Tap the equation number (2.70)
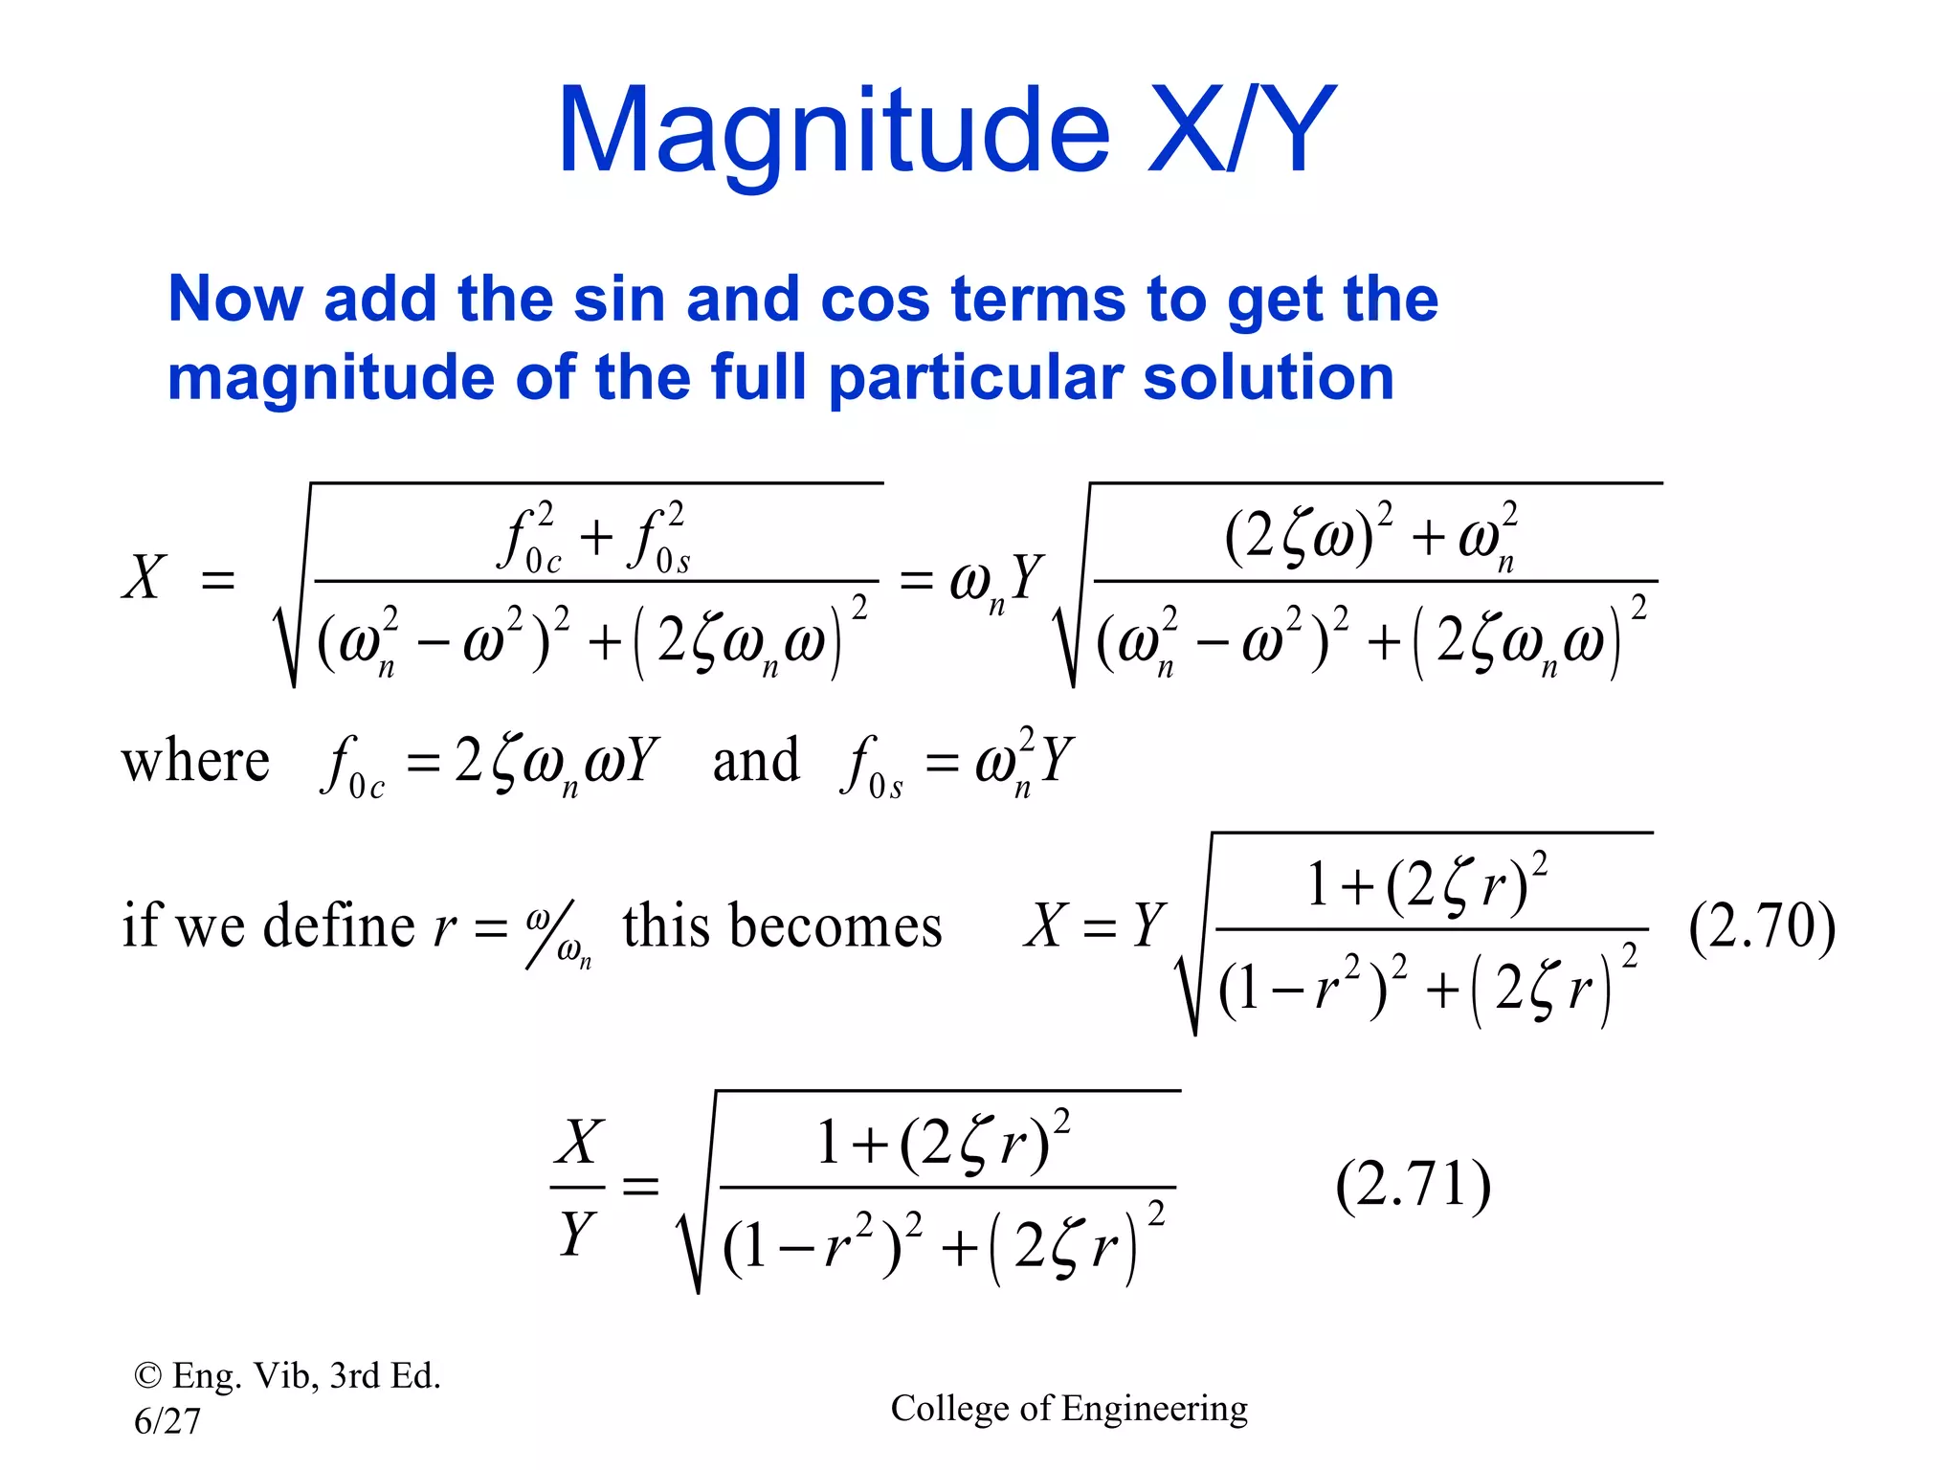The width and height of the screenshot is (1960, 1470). (x=1762, y=926)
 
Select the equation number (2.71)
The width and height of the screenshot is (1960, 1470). (x=1413, y=1185)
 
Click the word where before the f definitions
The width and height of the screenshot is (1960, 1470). (x=195, y=763)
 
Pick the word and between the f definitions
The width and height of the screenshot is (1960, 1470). (x=756, y=763)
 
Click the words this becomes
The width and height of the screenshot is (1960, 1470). (x=782, y=926)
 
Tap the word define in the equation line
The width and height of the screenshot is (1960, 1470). (x=339, y=926)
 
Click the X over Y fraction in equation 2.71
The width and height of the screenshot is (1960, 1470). (x=578, y=1187)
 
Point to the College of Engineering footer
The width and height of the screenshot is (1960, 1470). (x=1069, y=1409)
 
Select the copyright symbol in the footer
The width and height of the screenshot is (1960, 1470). (x=147, y=1376)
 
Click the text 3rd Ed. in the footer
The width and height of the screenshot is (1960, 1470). (x=385, y=1376)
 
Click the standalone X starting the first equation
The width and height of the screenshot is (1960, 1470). (x=145, y=578)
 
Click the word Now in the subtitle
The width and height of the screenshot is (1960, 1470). (x=235, y=300)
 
